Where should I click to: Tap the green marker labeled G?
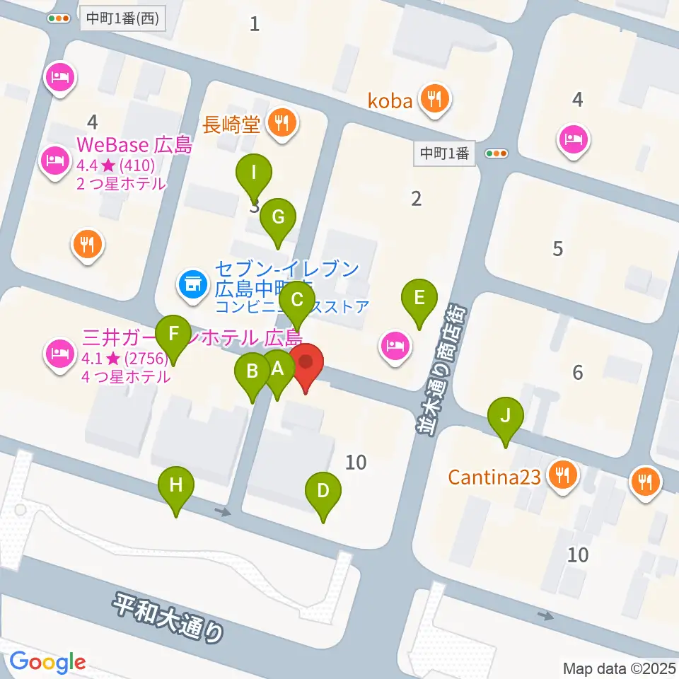click(278, 217)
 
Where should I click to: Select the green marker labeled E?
click(419, 298)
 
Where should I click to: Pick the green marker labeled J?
click(505, 416)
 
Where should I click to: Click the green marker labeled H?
click(176, 486)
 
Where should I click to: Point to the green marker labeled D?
click(323, 491)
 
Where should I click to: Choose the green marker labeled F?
click(173, 332)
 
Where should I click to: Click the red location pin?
click(306, 363)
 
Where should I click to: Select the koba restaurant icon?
click(432, 100)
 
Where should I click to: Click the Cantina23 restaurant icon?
click(562, 475)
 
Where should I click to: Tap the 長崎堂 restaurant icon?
click(283, 124)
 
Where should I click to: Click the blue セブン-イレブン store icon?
click(191, 285)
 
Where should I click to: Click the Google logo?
click(47, 662)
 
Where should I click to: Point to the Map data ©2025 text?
click(619, 668)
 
